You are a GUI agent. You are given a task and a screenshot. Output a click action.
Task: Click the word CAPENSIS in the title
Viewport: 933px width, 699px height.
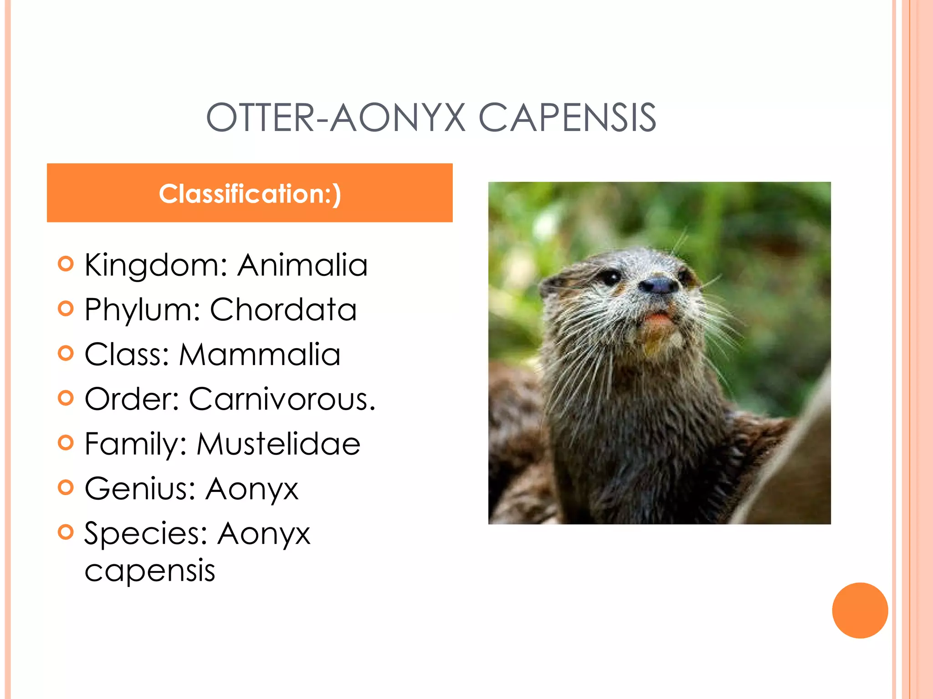567,118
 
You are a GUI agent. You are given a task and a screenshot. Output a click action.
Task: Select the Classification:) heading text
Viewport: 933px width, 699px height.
250,193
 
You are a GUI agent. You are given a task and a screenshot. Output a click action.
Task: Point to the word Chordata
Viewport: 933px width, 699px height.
283,309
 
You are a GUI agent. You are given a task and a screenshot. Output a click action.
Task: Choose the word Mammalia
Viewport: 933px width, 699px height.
260,355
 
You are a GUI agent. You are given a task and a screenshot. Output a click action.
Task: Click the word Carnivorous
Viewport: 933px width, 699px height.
282,399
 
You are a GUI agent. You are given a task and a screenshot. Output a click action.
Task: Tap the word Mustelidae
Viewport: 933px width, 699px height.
278,444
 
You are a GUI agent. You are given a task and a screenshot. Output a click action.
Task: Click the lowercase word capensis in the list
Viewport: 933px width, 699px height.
150,571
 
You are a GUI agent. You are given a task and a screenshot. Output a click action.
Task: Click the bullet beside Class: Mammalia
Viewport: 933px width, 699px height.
66,353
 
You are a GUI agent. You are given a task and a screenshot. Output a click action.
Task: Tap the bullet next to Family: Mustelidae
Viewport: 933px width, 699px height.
66,443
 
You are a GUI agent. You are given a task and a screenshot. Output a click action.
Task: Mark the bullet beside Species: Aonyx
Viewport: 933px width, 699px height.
66,532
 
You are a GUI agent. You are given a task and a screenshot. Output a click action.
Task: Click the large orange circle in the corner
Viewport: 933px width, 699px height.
860,610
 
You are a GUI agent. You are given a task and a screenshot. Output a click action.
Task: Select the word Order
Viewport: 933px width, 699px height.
132,399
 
